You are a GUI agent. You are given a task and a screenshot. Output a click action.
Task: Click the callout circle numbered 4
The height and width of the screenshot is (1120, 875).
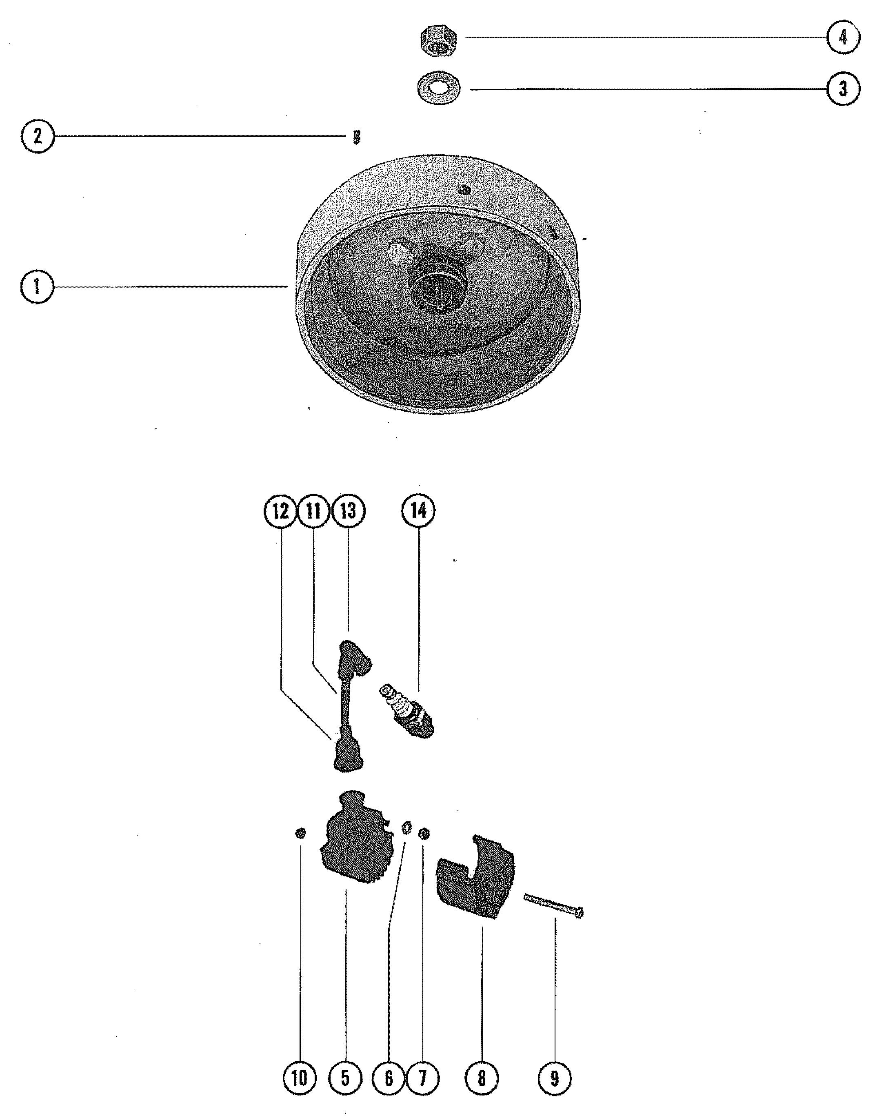click(843, 38)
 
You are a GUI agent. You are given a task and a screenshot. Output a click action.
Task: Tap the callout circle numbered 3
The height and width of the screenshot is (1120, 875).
click(843, 89)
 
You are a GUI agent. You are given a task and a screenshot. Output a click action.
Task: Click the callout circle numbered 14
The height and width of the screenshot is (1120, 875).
click(419, 511)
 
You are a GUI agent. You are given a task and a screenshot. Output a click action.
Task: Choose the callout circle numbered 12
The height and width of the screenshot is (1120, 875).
click(280, 511)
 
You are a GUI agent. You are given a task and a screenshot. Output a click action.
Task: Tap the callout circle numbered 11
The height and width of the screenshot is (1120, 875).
click(314, 511)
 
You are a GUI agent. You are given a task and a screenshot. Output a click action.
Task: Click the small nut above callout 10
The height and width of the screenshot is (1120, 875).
click(301, 833)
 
